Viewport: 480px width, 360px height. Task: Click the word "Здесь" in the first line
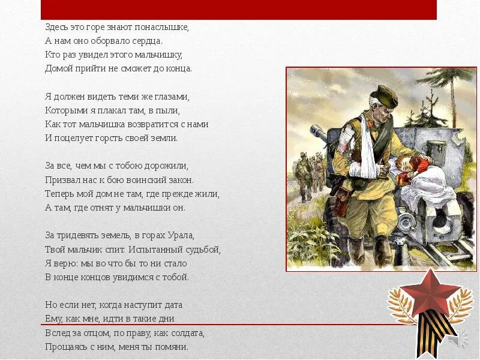click(x=57, y=27)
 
